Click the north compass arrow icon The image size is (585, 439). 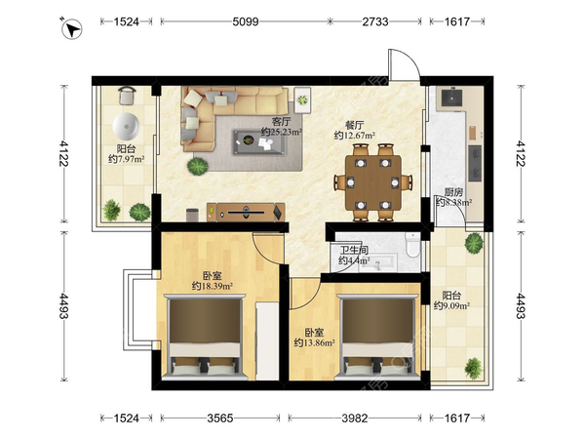click(x=71, y=28)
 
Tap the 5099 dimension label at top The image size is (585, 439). click(x=246, y=21)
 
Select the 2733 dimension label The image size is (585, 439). click(x=375, y=21)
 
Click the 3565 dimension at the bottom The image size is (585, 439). click(x=220, y=419)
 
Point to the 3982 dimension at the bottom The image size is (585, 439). click(x=355, y=419)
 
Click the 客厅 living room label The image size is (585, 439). click(x=282, y=122)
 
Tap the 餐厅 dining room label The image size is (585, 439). click(x=355, y=125)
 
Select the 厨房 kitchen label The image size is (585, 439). click(x=453, y=192)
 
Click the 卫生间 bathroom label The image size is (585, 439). click(x=354, y=250)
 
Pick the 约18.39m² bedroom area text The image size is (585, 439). click(x=213, y=286)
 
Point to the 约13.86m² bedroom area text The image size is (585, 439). click(x=314, y=342)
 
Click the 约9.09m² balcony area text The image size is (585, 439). click(x=451, y=305)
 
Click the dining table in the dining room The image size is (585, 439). click(x=373, y=183)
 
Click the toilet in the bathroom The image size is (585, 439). click(x=412, y=245)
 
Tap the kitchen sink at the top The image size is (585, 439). click(x=451, y=98)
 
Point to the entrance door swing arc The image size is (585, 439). click(x=409, y=60)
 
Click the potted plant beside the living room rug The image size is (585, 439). click(x=197, y=166)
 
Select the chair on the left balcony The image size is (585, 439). click(x=127, y=96)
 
